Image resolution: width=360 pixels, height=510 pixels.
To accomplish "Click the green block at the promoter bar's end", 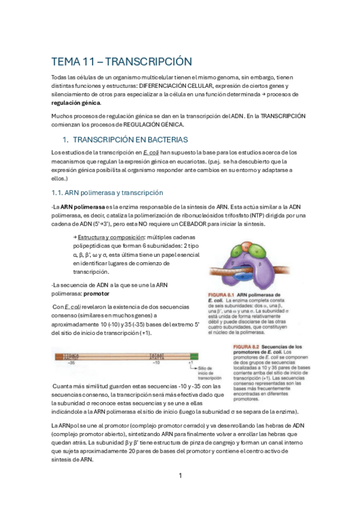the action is pyautogui.click(x=194, y=357).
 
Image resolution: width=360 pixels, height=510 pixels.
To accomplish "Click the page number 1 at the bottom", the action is pyautogui.click(x=180, y=476).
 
